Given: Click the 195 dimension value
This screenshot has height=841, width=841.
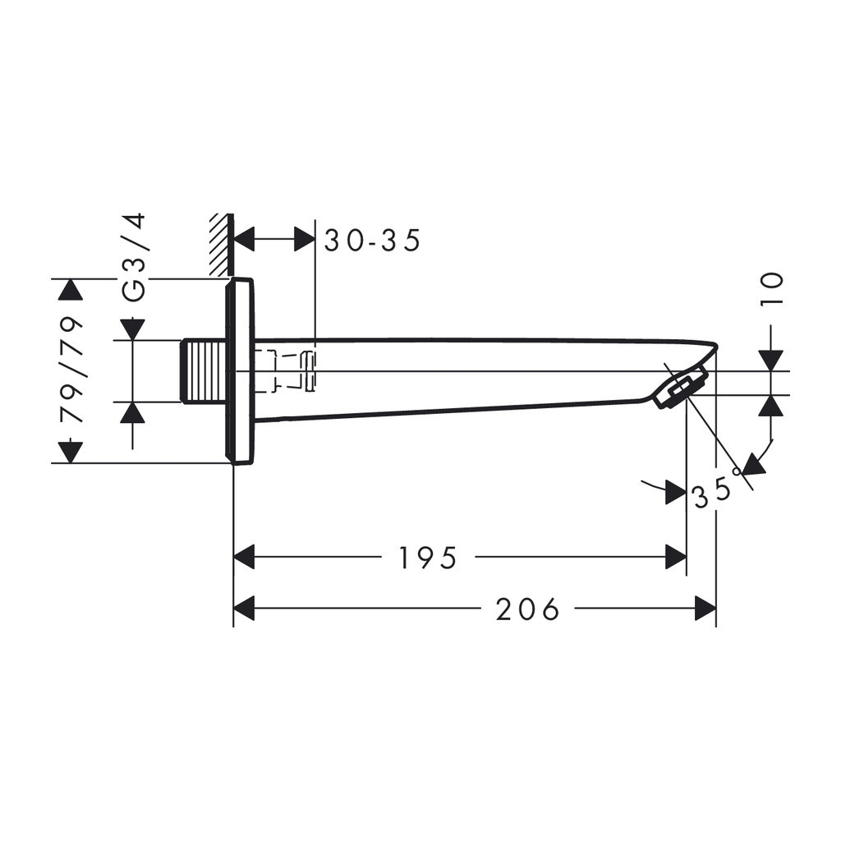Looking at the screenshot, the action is click(x=427, y=558).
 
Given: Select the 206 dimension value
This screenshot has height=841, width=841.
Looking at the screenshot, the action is click(x=528, y=610).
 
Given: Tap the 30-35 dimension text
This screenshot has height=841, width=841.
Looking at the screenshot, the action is click(x=373, y=241).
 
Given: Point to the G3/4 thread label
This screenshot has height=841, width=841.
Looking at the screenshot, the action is click(x=134, y=257).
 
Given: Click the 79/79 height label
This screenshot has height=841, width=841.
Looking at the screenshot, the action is click(x=72, y=370).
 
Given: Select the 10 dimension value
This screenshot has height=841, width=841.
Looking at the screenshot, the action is click(x=772, y=290).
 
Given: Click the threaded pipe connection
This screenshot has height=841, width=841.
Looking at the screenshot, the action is click(x=203, y=370).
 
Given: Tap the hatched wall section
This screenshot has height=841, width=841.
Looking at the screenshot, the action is click(x=220, y=245).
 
